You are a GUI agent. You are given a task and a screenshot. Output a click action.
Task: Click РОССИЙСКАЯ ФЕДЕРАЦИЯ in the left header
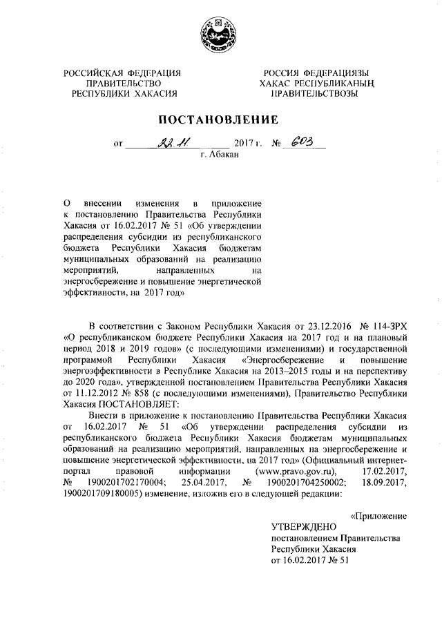point(122,73)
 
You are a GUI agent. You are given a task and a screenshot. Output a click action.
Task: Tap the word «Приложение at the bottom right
point(378,516)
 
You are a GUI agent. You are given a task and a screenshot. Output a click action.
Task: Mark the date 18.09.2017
point(383,483)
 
